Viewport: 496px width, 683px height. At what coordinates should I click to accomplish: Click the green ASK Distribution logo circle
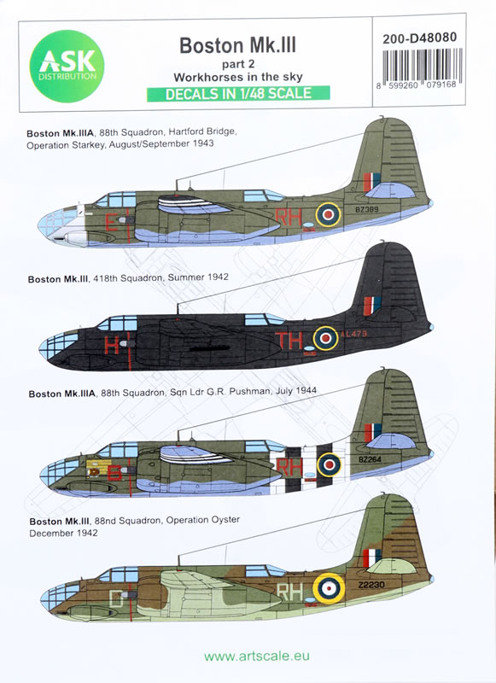click(67, 67)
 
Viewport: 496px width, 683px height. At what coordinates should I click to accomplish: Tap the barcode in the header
click(422, 66)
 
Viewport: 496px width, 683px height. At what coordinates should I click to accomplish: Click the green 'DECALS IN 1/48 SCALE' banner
click(238, 94)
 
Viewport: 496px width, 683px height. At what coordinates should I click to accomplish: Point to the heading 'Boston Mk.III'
click(238, 45)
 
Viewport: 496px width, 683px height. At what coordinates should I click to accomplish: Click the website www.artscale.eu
click(256, 656)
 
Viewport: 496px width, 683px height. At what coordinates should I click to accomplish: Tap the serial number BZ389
click(367, 209)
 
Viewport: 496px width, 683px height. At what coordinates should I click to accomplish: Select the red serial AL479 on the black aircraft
click(354, 334)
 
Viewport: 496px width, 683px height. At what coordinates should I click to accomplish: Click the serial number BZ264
click(370, 459)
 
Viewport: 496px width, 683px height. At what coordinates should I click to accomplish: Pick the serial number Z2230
click(371, 585)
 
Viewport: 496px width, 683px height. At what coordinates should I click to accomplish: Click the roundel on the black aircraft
click(326, 338)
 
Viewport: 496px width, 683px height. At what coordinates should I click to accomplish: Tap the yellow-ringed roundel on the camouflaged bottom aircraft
click(330, 588)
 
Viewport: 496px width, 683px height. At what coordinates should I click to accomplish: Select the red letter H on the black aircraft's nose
click(112, 346)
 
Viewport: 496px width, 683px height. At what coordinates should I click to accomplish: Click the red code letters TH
click(289, 340)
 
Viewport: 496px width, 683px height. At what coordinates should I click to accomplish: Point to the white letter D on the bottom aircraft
click(115, 598)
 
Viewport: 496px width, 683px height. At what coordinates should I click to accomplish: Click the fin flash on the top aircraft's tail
click(372, 182)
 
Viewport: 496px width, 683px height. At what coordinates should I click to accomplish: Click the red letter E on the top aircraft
click(112, 223)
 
